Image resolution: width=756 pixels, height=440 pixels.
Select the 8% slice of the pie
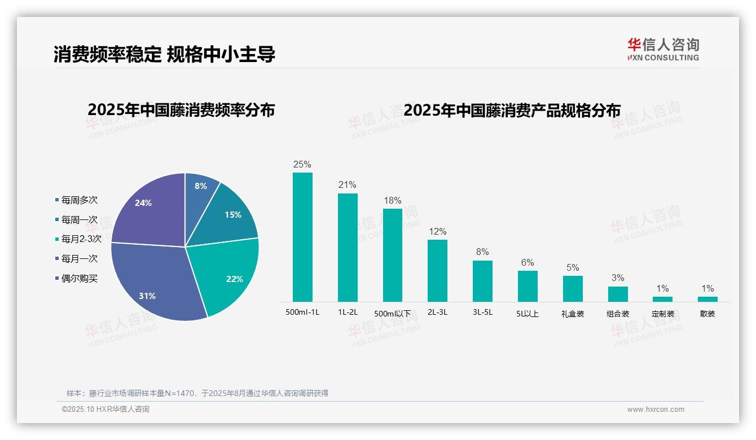pyautogui.click(x=200, y=189)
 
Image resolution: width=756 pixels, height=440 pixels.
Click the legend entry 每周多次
pyautogui.click(x=79, y=200)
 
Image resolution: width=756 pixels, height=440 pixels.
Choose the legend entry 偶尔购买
pyautogui.click(x=79, y=279)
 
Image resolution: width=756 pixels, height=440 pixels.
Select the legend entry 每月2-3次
pyautogui.click(x=81, y=239)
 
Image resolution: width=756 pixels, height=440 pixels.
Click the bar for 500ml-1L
pyautogui.click(x=302, y=237)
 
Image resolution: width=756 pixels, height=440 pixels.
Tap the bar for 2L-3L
pyautogui.click(x=437, y=271)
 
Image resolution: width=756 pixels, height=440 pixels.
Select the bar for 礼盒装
pyautogui.click(x=573, y=288)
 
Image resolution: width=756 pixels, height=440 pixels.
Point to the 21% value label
pyautogui.click(x=348, y=185)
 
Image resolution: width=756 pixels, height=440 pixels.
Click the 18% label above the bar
pyautogui.click(x=393, y=201)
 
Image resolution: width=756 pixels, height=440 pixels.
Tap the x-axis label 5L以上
pyautogui.click(x=528, y=314)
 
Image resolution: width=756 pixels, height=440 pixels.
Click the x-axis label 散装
pyautogui.click(x=707, y=314)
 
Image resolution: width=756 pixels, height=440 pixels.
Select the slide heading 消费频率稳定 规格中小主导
pyautogui.click(x=164, y=54)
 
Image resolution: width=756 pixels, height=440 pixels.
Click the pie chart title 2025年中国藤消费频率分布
pyautogui.click(x=181, y=110)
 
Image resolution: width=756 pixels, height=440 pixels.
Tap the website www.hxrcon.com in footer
pyautogui.click(x=656, y=410)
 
